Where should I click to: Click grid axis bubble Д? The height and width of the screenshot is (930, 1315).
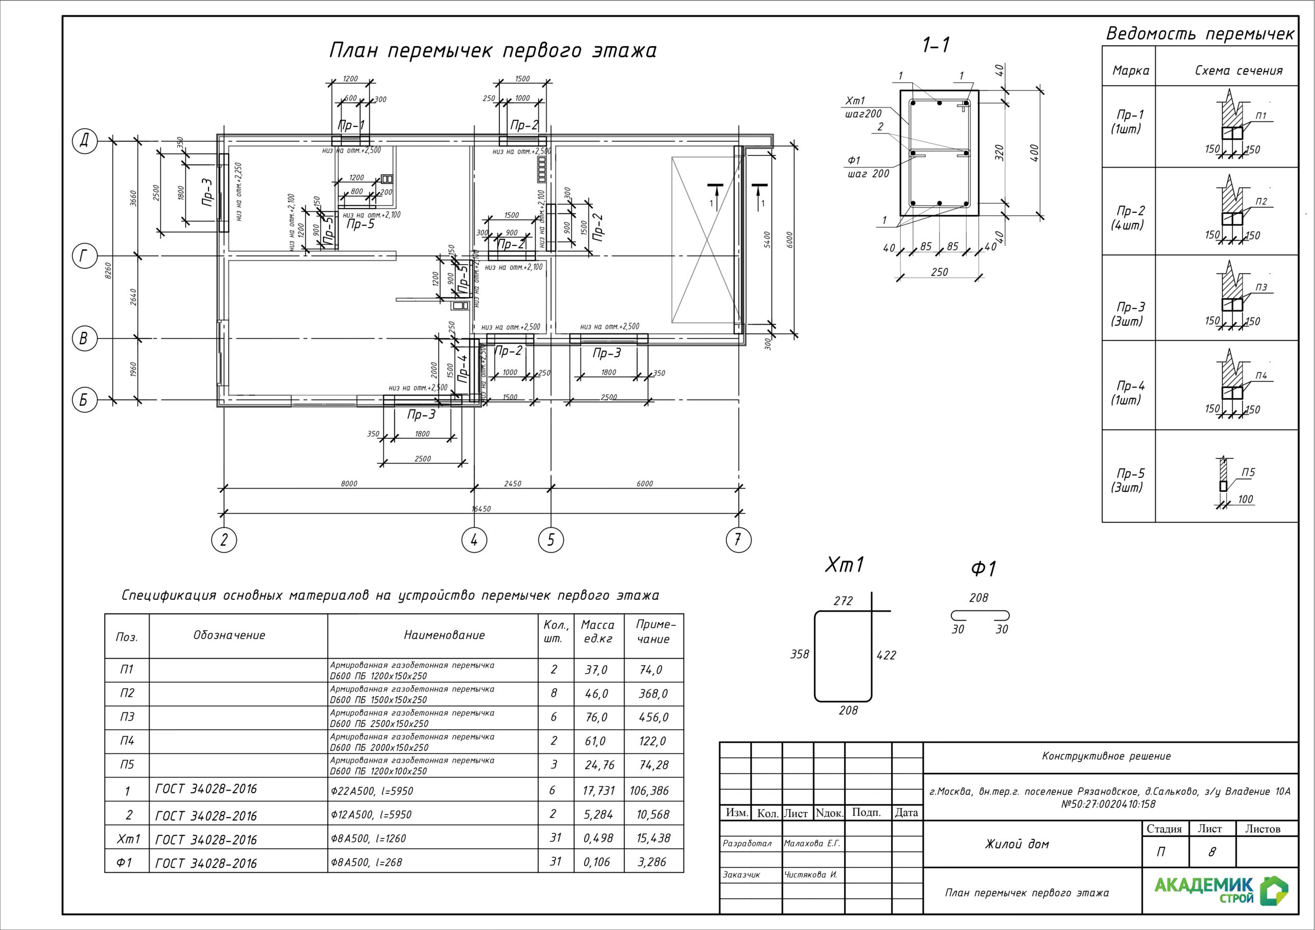[84, 141]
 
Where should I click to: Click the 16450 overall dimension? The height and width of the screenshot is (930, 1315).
[481, 508]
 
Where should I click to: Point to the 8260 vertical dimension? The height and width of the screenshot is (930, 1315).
[108, 270]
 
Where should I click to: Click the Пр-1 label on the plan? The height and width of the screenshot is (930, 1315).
[351, 125]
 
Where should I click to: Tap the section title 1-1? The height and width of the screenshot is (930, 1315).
[936, 45]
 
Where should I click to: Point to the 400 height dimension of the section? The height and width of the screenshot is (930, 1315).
[1035, 153]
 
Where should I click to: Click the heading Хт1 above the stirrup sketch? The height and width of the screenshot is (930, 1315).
[843, 566]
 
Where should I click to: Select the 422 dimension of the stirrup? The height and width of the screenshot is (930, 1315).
[886, 655]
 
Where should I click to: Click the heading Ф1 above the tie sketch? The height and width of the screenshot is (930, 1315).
[983, 569]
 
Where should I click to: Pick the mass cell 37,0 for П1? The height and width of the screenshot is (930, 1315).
[596, 670]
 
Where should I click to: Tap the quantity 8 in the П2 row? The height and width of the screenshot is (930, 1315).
[554, 693]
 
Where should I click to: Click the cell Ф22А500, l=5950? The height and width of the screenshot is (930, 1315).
[372, 791]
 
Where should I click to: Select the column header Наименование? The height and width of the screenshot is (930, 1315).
[444, 635]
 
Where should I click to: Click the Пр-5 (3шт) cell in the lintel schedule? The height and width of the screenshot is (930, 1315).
[1129, 480]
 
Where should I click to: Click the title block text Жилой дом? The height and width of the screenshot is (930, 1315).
[1017, 844]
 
